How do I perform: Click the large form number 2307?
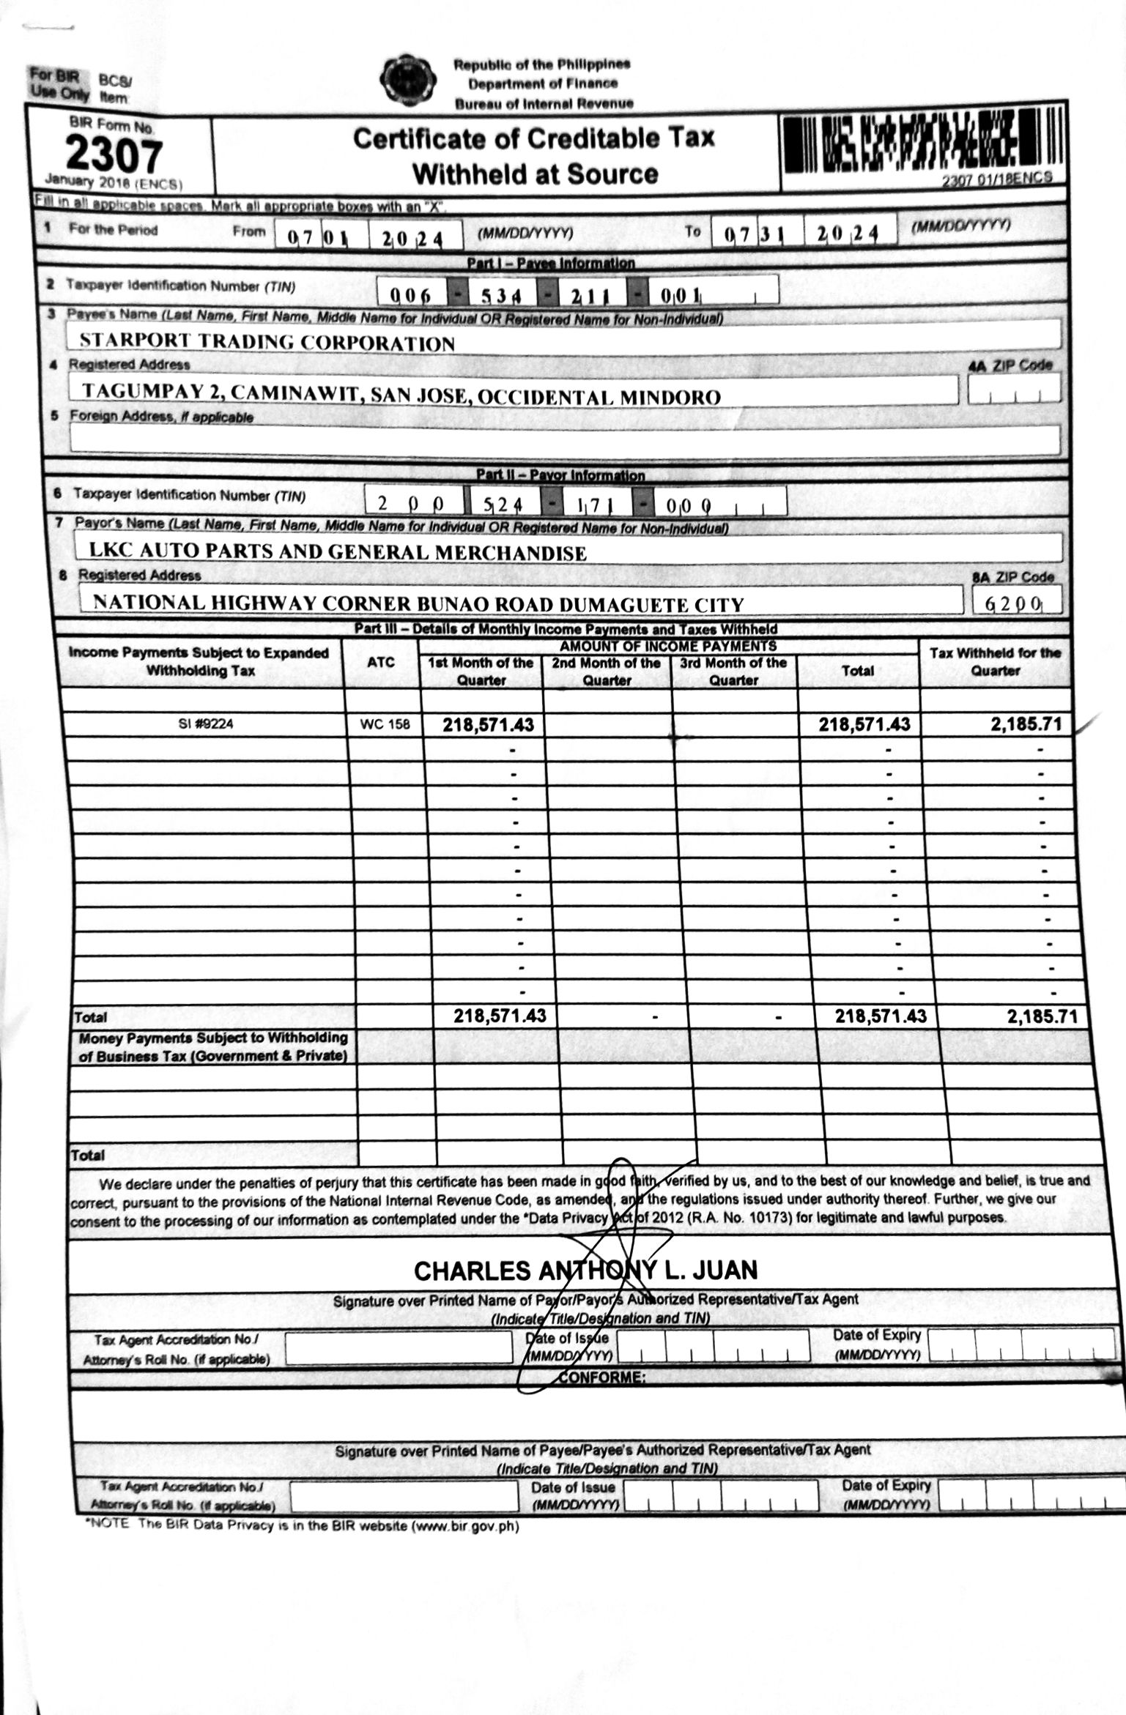[114, 155]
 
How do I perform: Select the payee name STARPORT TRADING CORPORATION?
[267, 342]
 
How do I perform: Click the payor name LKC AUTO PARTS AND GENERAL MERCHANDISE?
[337, 551]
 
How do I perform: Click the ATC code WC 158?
[385, 725]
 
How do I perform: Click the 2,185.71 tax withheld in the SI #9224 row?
[1025, 725]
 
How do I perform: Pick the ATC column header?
[381, 662]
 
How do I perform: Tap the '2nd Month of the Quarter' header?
[607, 672]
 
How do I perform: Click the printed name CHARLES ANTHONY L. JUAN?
[585, 1270]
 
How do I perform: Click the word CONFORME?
[601, 1377]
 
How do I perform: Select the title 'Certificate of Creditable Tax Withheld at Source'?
[533, 155]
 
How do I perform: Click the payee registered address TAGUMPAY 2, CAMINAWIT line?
[401, 393]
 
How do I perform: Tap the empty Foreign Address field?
[564, 439]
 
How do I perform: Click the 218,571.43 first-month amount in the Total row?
[500, 1016]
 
